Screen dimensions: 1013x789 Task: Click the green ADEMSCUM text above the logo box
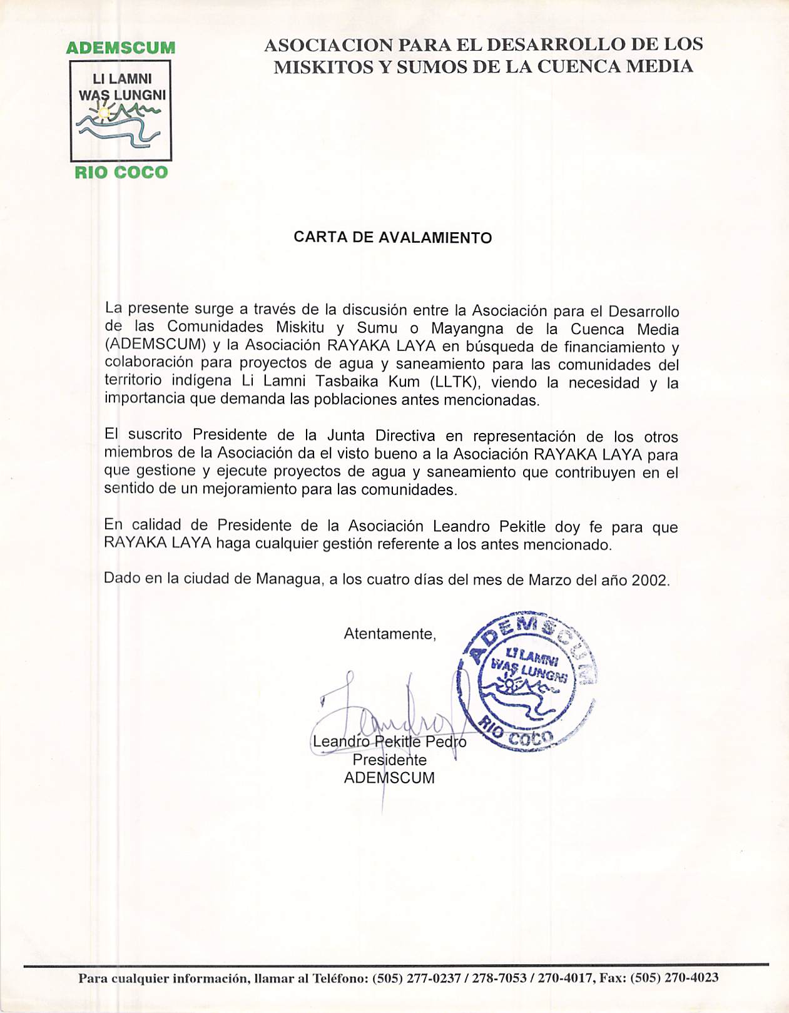click(120, 48)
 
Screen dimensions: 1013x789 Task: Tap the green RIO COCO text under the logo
click(121, 173)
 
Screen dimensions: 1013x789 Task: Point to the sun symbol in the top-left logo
click(104, 113)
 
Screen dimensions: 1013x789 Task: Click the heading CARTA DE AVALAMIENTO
click(393, 238)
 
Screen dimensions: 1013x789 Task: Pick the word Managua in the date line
click(290, 579)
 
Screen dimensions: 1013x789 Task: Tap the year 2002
click(649, 581)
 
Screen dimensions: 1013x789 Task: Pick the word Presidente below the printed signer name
click(389, 760)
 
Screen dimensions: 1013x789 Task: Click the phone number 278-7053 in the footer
click(499, 978)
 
